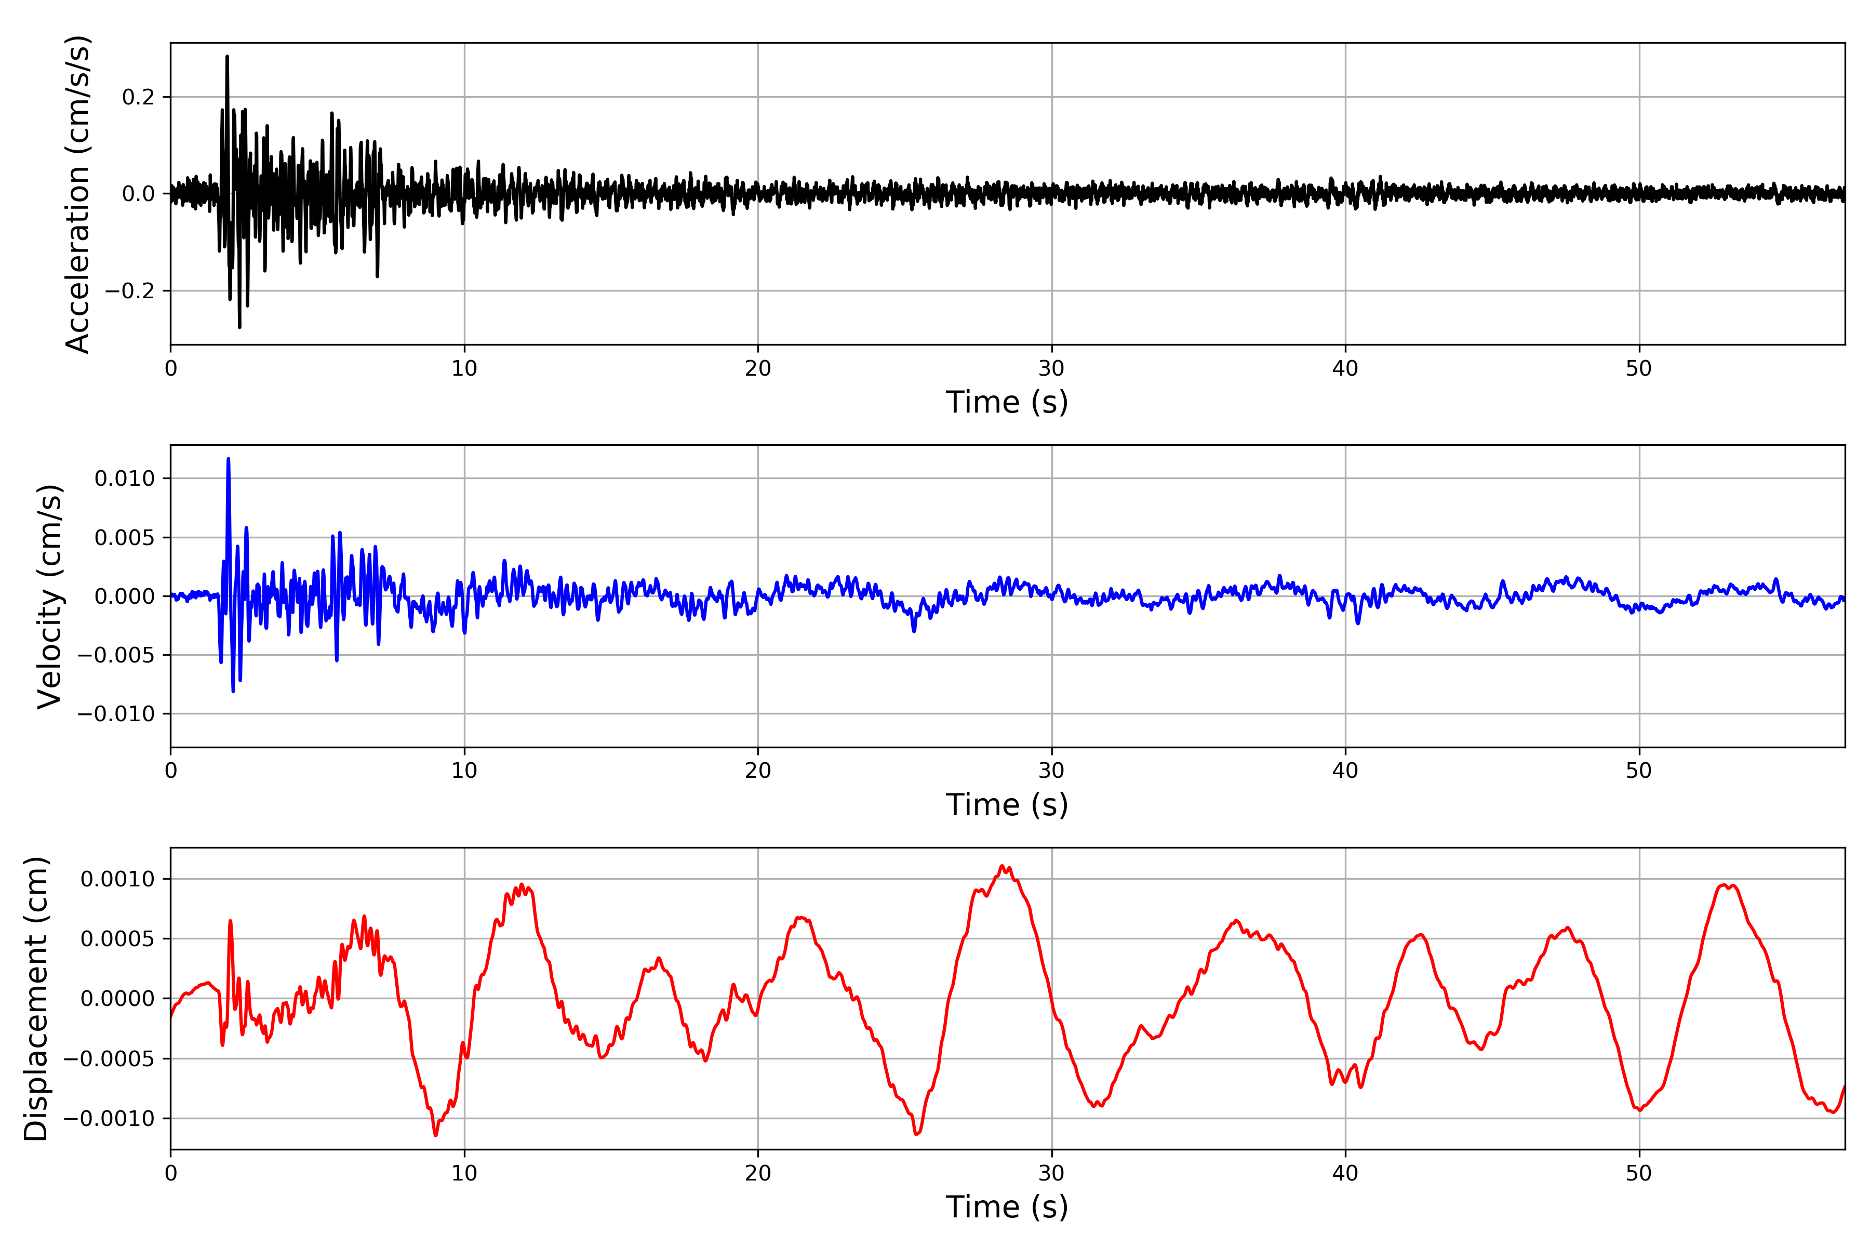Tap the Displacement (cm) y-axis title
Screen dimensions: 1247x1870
click(36, 998)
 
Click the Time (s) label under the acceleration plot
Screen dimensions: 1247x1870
click(1007, 402)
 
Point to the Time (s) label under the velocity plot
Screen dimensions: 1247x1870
click(1007, 805)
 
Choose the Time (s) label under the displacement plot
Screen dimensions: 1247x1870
click(1007, 1207)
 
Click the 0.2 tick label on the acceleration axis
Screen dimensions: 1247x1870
click(138, 97)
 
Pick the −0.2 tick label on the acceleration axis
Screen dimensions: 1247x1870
click(129, 291)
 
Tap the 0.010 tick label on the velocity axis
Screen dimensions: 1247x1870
click(124, 479)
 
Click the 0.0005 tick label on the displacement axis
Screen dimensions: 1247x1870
click(118, 939)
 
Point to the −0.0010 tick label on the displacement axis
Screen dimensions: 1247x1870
click(110, 1119)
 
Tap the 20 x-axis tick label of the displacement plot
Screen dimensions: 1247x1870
click(758, 1173)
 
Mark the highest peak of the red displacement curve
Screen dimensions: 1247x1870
click(1003, 866)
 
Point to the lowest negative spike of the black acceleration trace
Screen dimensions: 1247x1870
click(239, 327)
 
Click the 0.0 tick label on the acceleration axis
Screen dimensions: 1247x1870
click(138, 194)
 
